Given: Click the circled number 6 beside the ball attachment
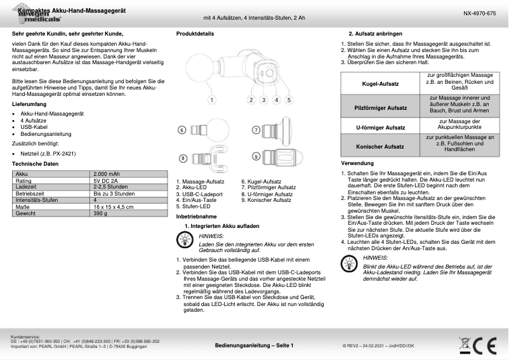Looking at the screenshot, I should click(182, 130).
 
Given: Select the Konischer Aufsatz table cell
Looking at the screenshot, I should click(379, 145).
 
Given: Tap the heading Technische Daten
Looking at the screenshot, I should click(36, 164).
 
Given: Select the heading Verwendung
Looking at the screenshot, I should click(348, 164).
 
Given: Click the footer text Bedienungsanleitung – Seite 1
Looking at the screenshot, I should click(254, 345).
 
